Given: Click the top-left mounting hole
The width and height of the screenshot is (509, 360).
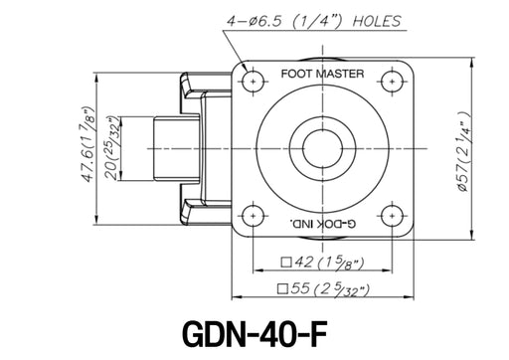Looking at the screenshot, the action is click(x=254, y=82).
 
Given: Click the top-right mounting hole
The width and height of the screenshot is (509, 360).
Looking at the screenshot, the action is click(x=393, y=82).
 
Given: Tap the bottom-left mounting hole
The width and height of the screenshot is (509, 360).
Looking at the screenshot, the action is click(x=254, y=216).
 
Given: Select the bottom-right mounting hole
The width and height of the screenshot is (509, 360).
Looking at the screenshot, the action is click(x=393, y=216).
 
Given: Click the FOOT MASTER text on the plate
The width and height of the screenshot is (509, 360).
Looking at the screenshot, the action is click(x=322, y=74).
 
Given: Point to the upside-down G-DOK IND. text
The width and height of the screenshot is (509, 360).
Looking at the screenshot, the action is click(x=323, y=224).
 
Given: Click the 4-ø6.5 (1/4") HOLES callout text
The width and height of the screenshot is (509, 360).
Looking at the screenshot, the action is click(x=313, y=21).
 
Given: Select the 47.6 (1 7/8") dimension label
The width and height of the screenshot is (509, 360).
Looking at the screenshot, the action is click(x=88, y=145).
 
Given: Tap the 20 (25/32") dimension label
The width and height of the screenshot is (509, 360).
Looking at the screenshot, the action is click(x=112, y=148).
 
